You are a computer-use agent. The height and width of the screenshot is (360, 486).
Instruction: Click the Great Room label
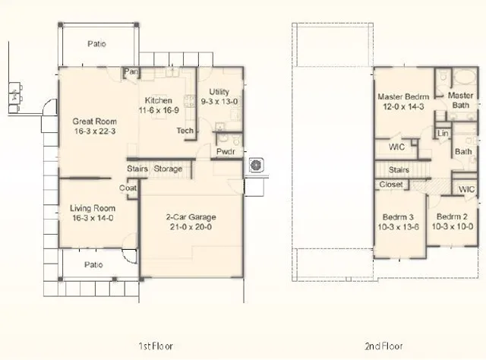tap(94, 122)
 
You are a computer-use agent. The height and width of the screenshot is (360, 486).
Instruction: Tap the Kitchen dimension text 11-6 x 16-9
tap(159, 110)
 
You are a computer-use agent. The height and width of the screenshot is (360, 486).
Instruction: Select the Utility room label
tap(219, 92)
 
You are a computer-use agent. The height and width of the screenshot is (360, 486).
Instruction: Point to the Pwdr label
tap(226, 152)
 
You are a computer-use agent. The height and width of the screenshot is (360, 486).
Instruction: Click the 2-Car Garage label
tap(191, 217)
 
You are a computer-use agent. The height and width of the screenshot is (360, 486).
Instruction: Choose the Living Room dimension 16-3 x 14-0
tap(93, 218)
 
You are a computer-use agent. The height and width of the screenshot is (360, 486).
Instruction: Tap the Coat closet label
tap(128, 188)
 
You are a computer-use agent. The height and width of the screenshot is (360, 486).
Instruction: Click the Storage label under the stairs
tap(168, 169)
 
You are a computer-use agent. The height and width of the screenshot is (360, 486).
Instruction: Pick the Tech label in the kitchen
tap(185, 131)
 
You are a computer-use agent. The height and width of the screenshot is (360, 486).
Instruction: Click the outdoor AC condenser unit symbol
tap(257, 165)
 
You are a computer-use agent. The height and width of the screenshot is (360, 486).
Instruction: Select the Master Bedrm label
tap(403, 96)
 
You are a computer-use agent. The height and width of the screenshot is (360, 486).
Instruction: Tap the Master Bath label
tap(461, 100)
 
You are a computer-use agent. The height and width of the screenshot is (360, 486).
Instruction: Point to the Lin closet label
tap(443, 134)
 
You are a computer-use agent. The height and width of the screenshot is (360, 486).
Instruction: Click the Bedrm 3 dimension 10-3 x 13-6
tap(398, 227)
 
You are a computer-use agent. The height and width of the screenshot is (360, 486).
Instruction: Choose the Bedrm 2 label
tap(452, 216)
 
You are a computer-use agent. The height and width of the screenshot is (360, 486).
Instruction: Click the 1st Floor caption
tap(156, 346)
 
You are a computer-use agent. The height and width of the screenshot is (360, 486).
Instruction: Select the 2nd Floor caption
tap(383, 346)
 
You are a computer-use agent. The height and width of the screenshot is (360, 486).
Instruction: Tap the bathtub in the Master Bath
tap(464, 77)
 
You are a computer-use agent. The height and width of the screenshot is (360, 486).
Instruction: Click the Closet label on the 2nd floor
tap(391, 185)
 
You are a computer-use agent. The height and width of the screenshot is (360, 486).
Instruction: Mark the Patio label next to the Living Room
tap(93, 265)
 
